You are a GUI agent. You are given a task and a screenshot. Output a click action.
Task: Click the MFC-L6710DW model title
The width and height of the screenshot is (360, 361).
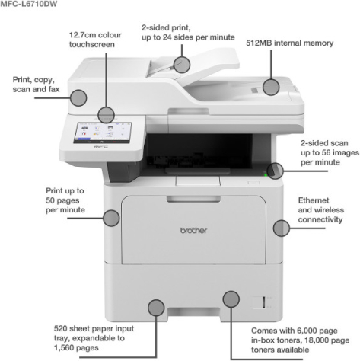click(x=29, y=4)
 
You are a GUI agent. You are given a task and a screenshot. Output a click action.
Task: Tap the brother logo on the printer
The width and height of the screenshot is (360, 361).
click(x=193, y=230)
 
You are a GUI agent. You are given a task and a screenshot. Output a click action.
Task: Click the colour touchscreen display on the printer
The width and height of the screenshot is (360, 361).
click(x=103, y=133)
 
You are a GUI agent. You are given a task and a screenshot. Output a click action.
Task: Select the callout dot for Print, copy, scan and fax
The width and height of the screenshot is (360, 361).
click(x=78, y=97)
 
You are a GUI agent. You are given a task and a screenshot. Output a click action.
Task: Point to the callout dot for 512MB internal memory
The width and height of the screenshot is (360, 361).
click(x=271, y=87)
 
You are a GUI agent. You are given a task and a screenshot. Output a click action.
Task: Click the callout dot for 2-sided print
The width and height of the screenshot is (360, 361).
click(x=182, y=65)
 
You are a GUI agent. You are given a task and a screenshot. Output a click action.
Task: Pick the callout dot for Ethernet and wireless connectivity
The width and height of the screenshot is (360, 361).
click(x=282, y=228)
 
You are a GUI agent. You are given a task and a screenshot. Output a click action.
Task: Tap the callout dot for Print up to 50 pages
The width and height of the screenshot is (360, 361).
click(x=111, y=218)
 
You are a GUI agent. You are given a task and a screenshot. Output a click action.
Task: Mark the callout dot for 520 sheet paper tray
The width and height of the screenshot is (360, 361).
click(x=156, y=308)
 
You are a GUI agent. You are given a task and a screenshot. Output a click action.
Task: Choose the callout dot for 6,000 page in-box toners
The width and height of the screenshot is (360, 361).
click(x=231, y=299)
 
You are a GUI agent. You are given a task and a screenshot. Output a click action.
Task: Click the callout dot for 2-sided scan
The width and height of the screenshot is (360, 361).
click(x=275, y=171)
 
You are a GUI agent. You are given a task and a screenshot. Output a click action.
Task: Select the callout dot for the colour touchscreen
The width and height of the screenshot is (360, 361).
click(x=106, y=115)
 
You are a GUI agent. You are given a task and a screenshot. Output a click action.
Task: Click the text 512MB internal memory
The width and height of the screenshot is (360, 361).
click(x=290, y=43)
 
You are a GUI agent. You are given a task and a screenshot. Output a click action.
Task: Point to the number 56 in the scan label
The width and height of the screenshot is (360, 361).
click(x=327, y=152)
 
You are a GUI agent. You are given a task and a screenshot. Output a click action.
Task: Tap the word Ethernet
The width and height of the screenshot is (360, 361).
click(x=314, y=200)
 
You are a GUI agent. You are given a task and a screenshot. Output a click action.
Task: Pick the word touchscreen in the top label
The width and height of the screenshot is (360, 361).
click(x=92, y=45)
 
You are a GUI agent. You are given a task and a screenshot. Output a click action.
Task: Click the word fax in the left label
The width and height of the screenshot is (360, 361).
click(x=54, y=89)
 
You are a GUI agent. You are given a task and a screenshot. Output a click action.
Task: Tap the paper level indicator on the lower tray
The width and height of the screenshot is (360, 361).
click(x=263, y=302)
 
